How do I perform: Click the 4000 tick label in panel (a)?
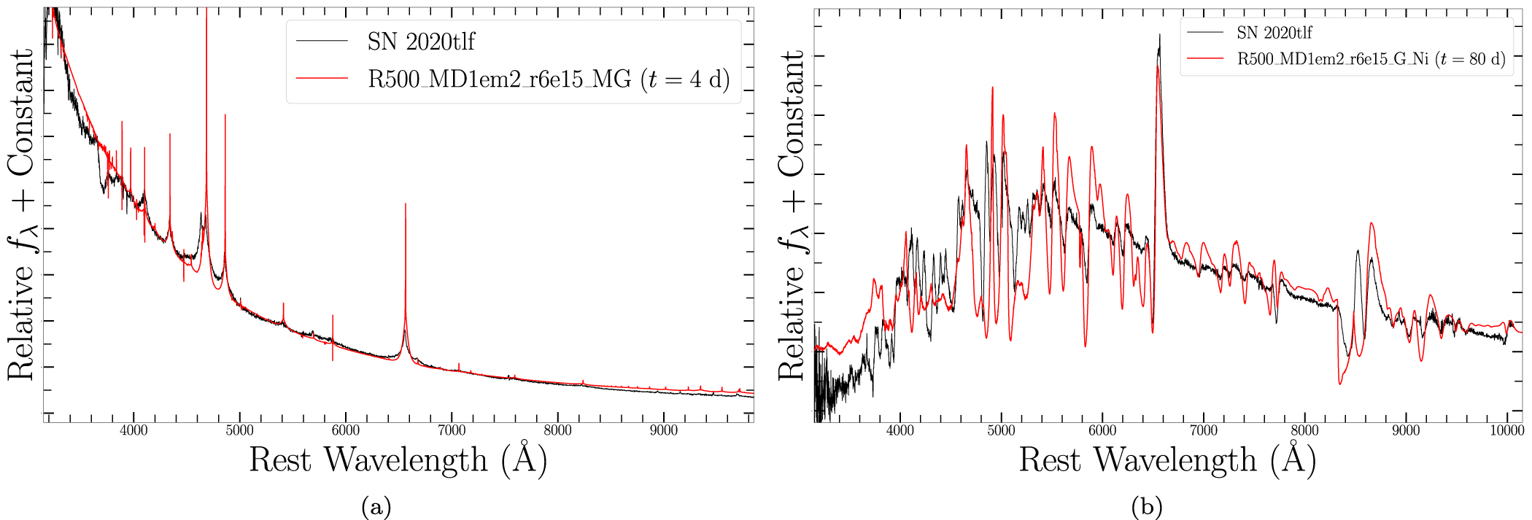(x=134, y=430)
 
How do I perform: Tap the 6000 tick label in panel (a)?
(x=346, y=430)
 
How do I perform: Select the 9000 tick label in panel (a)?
(x=664, y=430)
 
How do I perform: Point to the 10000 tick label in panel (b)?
(x=1506, y=430)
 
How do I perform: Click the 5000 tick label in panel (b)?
(x=1001, y=430)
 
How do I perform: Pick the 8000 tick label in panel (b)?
(x=1304, y=430)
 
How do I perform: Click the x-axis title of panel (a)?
(x=398, y=460)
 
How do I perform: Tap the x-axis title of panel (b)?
(x=1167, y=460)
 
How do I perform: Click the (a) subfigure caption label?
(x=376, y=506)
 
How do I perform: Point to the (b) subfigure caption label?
(x=1146, y=506)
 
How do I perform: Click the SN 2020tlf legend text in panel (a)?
(x=421, y=42)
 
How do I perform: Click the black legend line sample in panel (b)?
(x=1205, y=33)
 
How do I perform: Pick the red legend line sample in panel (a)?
(x=322, y=78)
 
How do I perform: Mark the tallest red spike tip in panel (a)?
(x=206, y=10)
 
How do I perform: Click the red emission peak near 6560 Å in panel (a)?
(x=406, y=205)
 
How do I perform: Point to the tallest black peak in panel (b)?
(x=1159, y=35)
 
